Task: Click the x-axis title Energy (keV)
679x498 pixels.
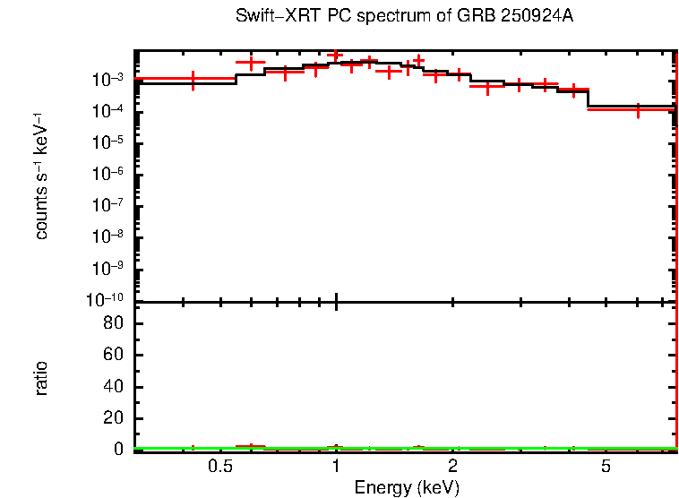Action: pyautogui.click(x=407, y=487)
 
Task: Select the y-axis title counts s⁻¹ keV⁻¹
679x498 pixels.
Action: pyautogui.click(x=42, y=176)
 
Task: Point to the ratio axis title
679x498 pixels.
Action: pyautogui.click(x=42, y=378)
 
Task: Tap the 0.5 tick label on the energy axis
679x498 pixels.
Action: pyautogui.click(x=219, y=467)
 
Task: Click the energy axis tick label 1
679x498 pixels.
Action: pyautogui.click(x=336, y=467)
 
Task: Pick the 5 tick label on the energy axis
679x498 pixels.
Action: pyautogui.click(x=606, y=467)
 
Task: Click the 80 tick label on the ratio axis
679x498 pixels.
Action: pyautogui.click(x=114, y=323)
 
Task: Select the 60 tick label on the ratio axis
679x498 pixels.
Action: pyautogui.click(x=114, y=355)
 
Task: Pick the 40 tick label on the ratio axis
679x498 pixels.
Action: pyautogui.click(x=114, y=387)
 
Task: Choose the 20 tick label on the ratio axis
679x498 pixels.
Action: pyautogui.click(x=114, y=418)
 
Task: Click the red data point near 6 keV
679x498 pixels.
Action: pyautogui.click(x=637, y=109)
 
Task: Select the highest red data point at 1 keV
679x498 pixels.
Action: pyautogui.click(x=336, y=56)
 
